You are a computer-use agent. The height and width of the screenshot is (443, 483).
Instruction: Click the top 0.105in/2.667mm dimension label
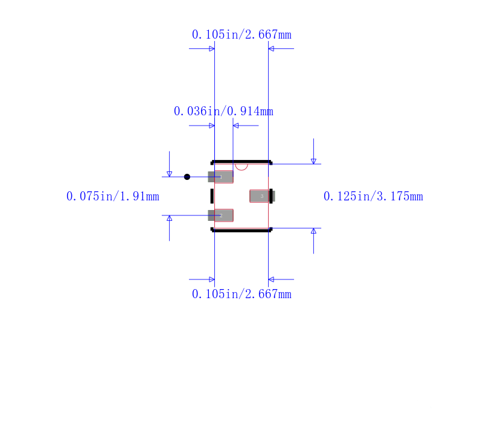pos(241,34)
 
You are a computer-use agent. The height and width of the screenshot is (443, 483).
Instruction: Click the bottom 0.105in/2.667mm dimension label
pos(241,294)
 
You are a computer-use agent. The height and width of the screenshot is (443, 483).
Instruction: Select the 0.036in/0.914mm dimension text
pos(223,111)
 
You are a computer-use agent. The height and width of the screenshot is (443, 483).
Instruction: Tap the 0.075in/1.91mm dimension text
pos(113,196)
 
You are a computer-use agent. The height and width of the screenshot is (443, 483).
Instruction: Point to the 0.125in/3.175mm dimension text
pos(373,196)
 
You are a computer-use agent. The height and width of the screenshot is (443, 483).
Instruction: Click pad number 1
pos(220,177)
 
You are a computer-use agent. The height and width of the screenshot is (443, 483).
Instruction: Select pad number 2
pos(220,215)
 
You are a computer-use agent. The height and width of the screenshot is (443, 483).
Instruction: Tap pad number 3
pos(262,196)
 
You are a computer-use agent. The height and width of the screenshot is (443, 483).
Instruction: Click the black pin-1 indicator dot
pos(187,177)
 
